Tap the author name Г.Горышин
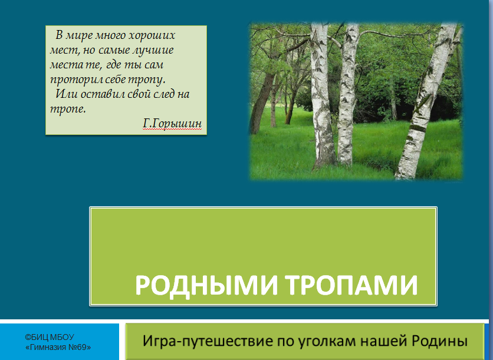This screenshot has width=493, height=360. [172, 123]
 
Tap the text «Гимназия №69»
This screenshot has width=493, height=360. [58, 348]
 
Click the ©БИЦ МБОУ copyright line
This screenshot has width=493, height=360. [50, 338]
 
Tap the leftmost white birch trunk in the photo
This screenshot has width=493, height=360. [321, 100]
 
